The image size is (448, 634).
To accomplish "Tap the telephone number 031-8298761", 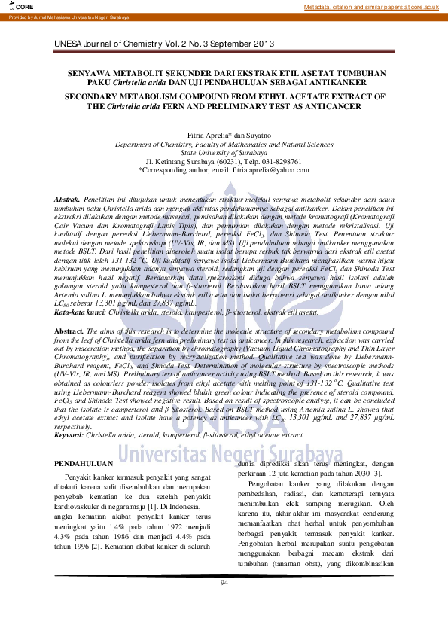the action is [x=280, y=162].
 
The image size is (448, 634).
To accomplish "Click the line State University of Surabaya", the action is [x=224, y=153].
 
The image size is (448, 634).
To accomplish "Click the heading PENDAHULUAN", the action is [x=84, y=464].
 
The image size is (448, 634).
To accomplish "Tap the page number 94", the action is [x=224, y=583].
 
